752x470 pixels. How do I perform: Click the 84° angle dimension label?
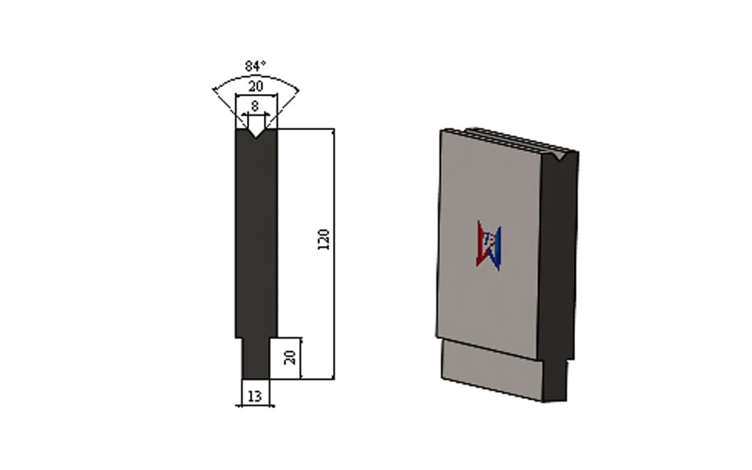(x=255, y=66)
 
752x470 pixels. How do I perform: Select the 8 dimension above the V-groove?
(x=255, y=106)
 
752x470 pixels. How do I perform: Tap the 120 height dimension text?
(x=324, y=240)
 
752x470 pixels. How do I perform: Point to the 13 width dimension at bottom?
(x=255, y=396)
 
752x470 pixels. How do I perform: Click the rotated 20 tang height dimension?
(x=290, y=357)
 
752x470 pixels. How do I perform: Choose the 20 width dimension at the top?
(x=255, y=86)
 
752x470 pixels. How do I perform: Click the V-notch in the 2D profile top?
(x=256, y=133)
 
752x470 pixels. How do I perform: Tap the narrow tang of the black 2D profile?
(x=255, y=358)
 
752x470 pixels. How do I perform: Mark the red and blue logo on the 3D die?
(x=489, y=245)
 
